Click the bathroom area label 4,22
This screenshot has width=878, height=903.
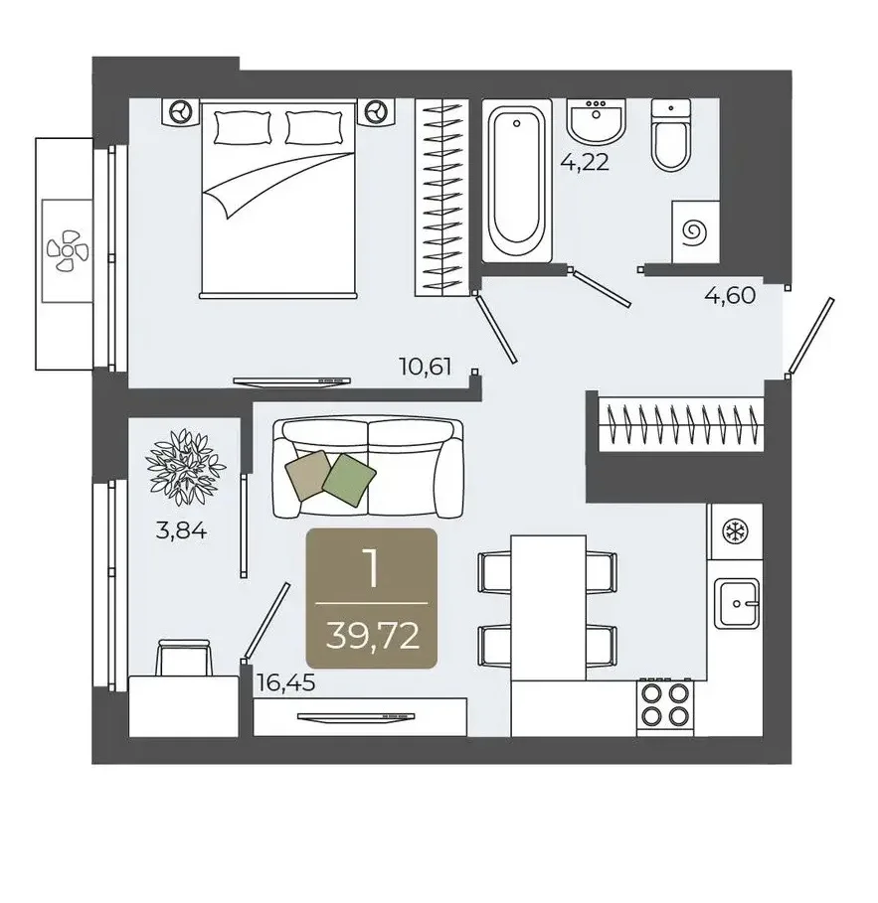click(585, 162)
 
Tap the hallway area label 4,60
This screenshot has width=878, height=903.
click(730, 296)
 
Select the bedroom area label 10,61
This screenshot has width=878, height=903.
click(426, 367)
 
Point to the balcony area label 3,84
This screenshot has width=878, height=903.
click(181, 530)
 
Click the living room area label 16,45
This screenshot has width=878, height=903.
click(286, 683)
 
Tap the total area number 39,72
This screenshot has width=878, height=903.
click(373, 636)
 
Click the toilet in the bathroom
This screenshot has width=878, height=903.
click(671, 135)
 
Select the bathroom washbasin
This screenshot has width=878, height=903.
click(596, 121)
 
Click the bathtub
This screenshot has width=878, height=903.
click(516, 180)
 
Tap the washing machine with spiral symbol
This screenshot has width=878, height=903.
click(695, 232)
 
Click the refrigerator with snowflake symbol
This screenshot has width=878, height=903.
click(736, 531)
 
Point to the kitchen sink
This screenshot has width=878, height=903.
click(736, 603)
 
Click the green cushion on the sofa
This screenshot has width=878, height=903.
click(349, 480)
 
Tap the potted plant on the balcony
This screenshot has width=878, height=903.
click(185, 467)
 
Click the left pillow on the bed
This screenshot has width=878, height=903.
click(243, 128)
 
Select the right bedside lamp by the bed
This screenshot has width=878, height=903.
click(377, 110)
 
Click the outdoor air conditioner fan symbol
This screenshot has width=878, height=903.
click(68, 250)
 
